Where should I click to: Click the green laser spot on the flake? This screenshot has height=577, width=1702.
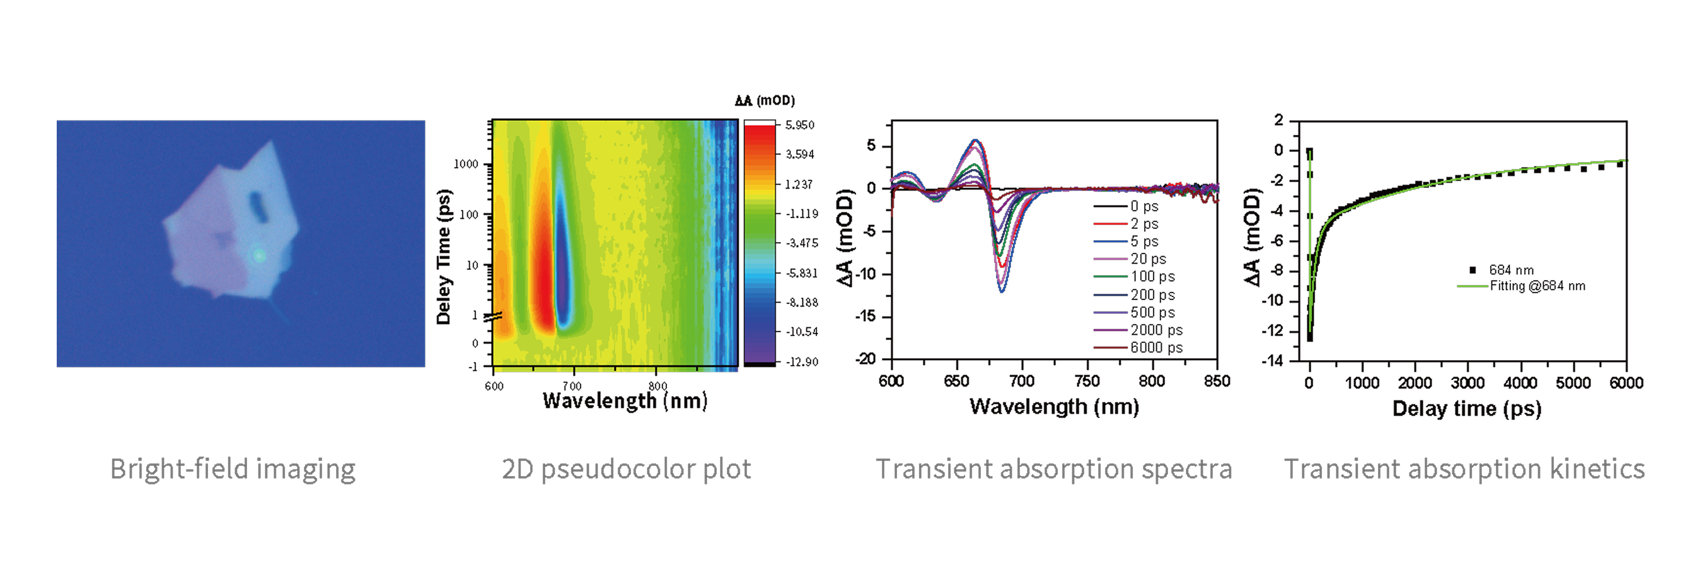click(258, 255)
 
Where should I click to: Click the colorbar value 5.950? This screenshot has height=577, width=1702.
click(799, 125)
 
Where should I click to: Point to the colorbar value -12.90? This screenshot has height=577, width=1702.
click(801, 361)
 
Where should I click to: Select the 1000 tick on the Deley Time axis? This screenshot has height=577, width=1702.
click(466, 164)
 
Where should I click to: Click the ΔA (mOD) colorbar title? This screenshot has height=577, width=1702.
click(765, 100)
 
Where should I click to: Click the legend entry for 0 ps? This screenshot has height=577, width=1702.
click(1143, 206)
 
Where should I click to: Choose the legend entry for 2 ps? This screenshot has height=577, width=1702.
click(1143, 224)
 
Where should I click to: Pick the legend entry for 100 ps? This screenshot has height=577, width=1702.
click(1152, 276)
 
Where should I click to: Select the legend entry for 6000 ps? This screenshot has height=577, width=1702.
click(1155, 347)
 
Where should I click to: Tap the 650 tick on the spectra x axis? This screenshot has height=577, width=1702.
click(956, 381)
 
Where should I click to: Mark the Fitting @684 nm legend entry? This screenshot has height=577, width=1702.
click(1537, 286)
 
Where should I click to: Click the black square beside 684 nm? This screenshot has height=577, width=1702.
click(1473, 270)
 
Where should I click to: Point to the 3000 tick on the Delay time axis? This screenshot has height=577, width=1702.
click(1468, 383)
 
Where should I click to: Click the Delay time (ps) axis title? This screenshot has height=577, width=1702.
click(1466, 409)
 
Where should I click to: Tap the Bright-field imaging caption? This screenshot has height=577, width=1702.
click(233, 469)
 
